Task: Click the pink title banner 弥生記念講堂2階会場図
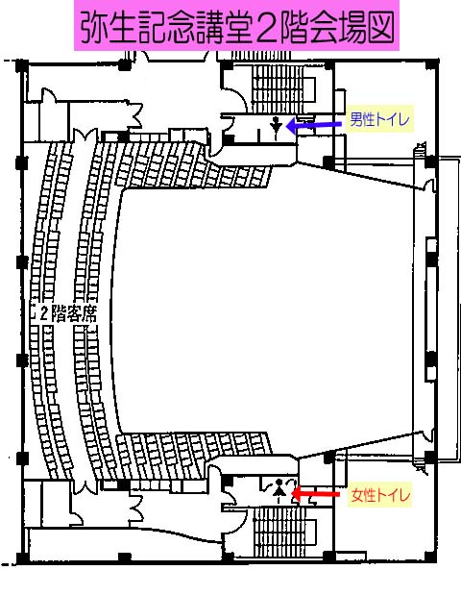click(236, 25)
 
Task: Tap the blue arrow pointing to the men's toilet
click(313, 125)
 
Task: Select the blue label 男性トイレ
click(379, 119)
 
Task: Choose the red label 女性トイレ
click(380, 495)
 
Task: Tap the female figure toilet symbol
click(279, 487)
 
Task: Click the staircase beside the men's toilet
click(279, 88)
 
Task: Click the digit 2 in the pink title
click(265, 27)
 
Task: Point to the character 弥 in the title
click(94, 27)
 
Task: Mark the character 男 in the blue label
click(355, 119)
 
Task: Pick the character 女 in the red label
click(357, 495)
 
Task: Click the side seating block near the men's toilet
click(193, 165)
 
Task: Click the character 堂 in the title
click(236, 27)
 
